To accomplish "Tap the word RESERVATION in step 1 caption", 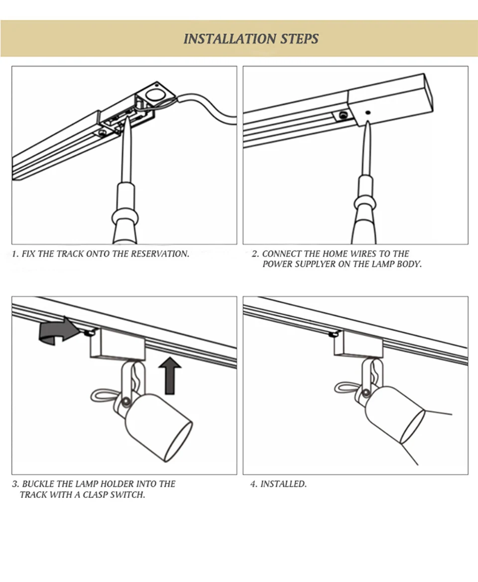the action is click(x=160, y=254).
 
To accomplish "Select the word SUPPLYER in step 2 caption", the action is click(x=315, y=264).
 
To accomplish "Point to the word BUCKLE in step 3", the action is click(x=39, y=484).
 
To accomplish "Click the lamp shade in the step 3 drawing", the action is click(x=159, y=423).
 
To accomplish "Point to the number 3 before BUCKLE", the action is click(x=15, y=484).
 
